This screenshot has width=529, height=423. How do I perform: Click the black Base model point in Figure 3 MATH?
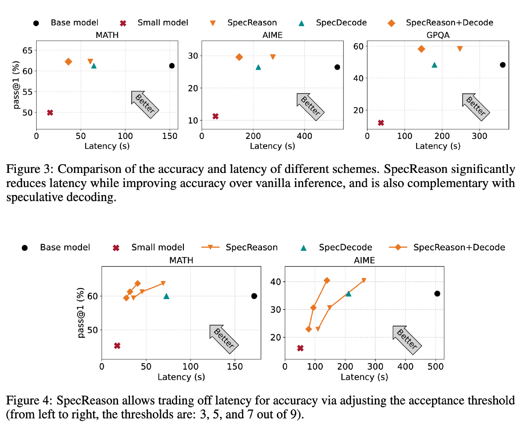coord(172,66)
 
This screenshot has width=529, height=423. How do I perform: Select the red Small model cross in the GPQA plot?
coord(381,123)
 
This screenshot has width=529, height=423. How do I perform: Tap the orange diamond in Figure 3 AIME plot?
coord(239,57)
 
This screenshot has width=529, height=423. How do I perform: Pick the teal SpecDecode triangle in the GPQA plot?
coord(434,65)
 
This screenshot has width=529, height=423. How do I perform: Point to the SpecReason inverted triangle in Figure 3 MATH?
coord(90,61)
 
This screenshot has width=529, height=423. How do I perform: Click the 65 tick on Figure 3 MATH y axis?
coord(27,50)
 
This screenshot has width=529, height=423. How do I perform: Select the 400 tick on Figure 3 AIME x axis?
coord(304,136)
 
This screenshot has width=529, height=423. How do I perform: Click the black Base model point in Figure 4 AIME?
coord(437,294)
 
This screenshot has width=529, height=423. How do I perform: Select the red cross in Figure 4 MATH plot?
coord(117,346)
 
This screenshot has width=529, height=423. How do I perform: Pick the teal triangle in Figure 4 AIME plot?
coord(348,293)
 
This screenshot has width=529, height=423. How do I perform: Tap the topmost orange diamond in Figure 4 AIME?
coord(327,281)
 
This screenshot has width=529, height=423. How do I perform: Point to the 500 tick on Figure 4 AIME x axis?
coord(436,366)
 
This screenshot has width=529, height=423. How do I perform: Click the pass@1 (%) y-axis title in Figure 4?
coord(82,313)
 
